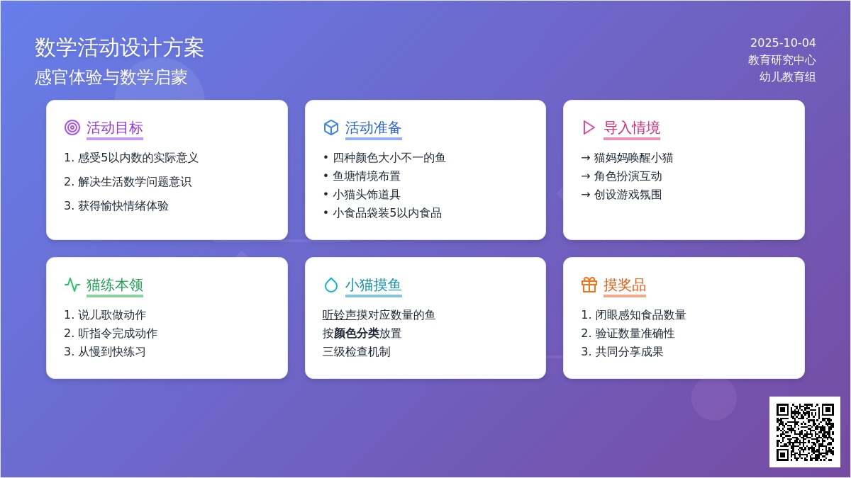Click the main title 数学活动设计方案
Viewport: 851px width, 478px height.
tap(119, 48)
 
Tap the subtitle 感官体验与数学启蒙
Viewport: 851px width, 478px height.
tap(111, 77)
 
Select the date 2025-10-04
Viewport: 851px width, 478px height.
tap(783, 43)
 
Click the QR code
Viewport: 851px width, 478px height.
tap(805, 432)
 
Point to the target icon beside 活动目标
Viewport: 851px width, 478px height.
tap(72, 127)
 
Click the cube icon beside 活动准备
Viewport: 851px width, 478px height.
tap(331, 127)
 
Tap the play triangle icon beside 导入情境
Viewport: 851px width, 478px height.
tap(589, 127)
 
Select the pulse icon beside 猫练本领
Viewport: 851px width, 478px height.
tap(72, 285)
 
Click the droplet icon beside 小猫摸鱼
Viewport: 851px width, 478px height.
tap(331, 285)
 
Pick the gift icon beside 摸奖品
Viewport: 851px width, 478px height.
tap(589, 285)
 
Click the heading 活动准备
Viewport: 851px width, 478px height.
tap(373, 128)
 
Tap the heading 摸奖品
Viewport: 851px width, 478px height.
tap(625, 285)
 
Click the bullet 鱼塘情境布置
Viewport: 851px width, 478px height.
tap(367, 176)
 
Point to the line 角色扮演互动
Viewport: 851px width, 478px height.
tap(628, 176)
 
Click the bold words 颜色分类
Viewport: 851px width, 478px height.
tap(356, 333)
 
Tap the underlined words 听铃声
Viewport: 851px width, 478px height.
tap(339, 315)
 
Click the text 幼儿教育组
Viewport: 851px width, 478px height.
tap(787, 77)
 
